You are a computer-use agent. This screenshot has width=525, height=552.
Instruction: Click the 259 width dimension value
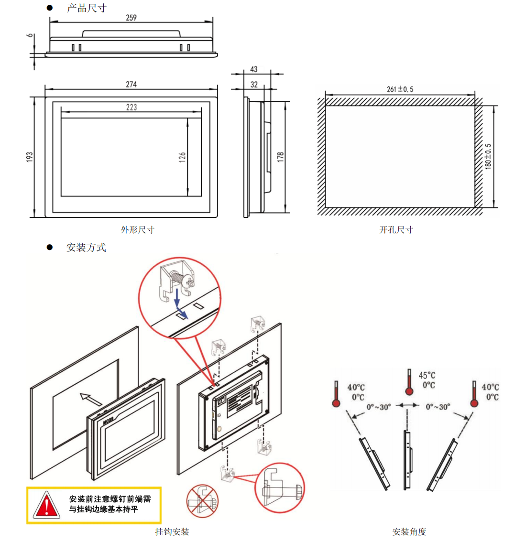[x=131, y=18]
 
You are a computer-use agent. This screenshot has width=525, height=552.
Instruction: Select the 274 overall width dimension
[x=131, y=84]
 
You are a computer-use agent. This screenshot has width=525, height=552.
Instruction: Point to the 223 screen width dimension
[x=131, y=107]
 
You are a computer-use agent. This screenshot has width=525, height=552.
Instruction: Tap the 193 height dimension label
[x=30, y=157]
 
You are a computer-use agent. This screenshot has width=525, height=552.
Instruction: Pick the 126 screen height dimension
[x=182, y=157]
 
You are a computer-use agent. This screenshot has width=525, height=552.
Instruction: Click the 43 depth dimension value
[x=253, y=69]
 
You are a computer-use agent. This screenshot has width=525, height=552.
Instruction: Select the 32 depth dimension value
[x=254, y=85]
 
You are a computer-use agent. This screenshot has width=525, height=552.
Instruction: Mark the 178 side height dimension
[x=280, y=157]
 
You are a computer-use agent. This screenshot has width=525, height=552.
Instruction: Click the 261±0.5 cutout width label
[x=400, y=89]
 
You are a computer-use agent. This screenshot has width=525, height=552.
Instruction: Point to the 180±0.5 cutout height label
[x=488, y=157]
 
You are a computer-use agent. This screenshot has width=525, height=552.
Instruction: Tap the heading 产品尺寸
[x=87, y=8]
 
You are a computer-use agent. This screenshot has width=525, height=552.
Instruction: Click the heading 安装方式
[x=86, y=248]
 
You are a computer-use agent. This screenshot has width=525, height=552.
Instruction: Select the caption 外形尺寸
[x=138, y=230]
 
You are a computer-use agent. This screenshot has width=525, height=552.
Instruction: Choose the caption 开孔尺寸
[x=396, y=230]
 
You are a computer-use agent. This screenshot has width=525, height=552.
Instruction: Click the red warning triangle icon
[x=46, y=506]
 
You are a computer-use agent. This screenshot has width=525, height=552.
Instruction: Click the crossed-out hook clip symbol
[x=202, y=501]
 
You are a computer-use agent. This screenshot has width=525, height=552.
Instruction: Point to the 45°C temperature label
[x=427, y=375]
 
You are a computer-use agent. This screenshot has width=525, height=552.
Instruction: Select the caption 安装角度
[x=409, y=531]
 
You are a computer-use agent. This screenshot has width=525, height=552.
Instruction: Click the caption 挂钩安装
[x=172, y=531]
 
